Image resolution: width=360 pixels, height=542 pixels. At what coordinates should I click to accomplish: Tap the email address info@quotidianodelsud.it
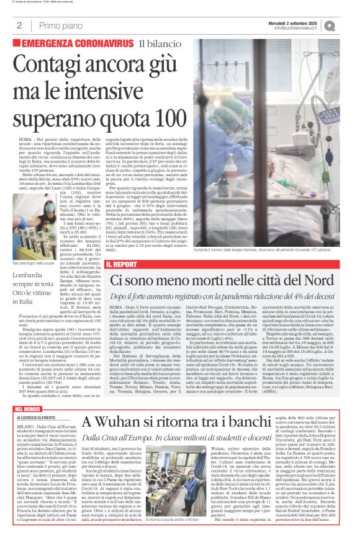[x=302, y=28]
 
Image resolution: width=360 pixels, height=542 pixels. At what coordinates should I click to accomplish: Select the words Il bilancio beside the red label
[x=161, y=43]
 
